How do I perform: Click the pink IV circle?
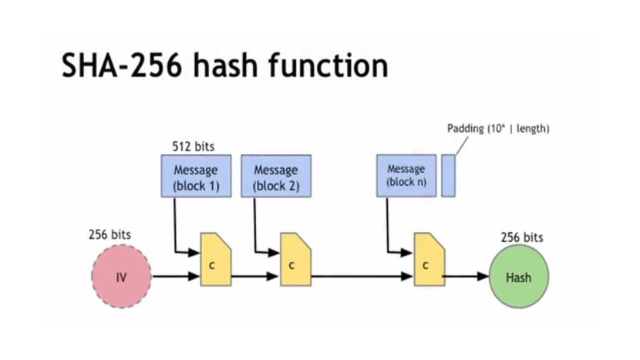click(x=121, y=277)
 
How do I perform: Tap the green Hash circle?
click(x=518, y=277)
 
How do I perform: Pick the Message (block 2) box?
click(x=276, y=176)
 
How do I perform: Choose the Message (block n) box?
click(x=406, y=175)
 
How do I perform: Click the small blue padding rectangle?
click(x=448, y=175)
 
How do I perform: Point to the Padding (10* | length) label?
click(x=498, y=129)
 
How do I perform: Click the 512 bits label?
click(x=193, y=146)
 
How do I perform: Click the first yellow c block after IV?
click(x=216, y=259)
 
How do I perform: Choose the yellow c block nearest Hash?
click(x=429, y=260)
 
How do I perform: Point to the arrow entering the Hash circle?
click(x=467, y=276)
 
